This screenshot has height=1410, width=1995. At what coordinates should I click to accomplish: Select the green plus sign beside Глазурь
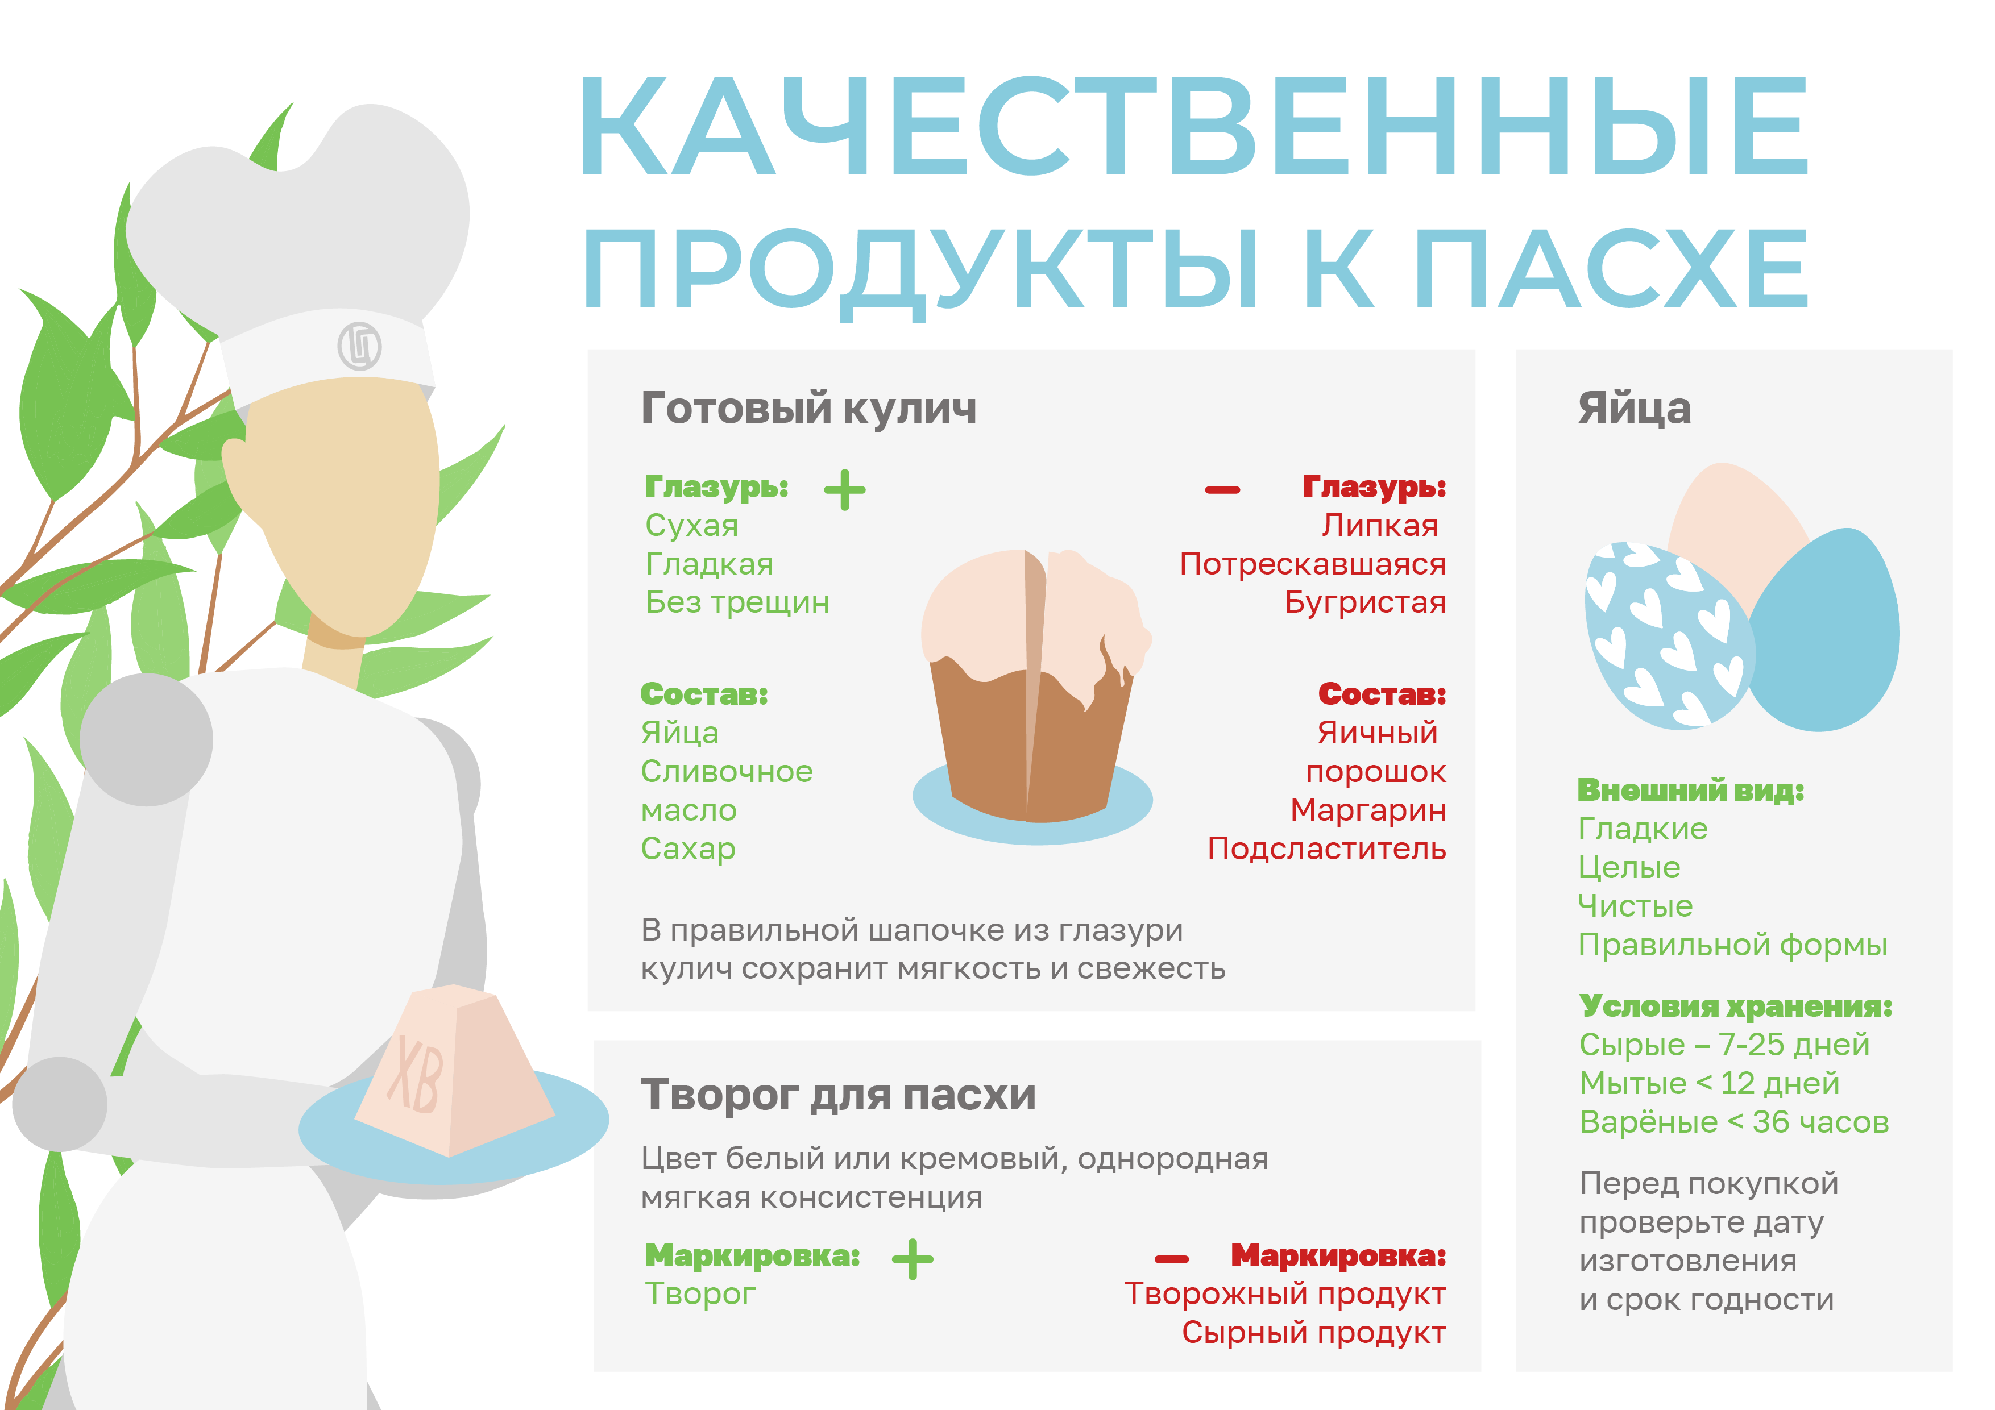(x=845, y=489)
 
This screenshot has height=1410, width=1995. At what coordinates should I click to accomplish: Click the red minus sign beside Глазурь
(x=1222, y=490)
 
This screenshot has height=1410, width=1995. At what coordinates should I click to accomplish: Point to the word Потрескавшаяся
(x=1313, y=564)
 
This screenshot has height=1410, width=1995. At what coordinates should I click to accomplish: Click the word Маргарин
(x=1368, y=810)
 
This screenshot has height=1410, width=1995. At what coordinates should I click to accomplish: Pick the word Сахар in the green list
(x=688, y=848)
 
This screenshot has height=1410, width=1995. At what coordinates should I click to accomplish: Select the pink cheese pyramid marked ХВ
(x=454, y=1070)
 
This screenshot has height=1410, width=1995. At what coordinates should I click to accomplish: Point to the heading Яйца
(x=1635, y=407)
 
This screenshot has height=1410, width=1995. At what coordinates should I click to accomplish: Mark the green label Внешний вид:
(x=1691, y=790)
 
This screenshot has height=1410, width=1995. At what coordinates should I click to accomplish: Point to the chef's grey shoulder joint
(x=146, y=739)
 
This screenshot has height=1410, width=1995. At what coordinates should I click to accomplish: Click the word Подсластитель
(x=1327, y=848)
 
